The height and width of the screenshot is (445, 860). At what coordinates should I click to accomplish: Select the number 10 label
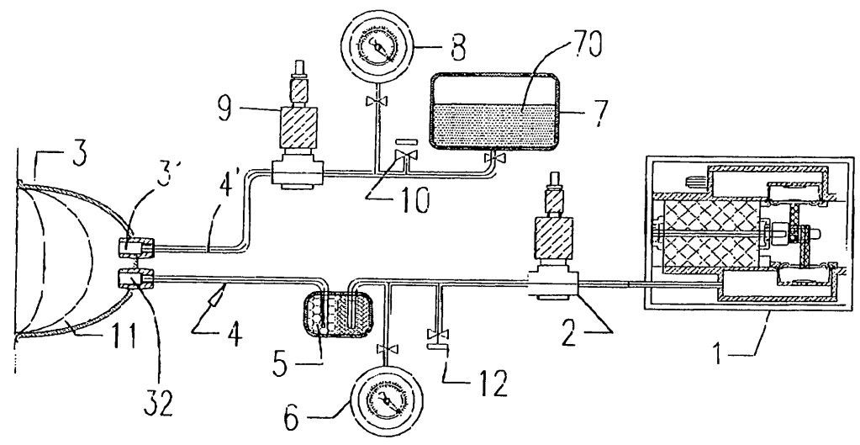point(413,202)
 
